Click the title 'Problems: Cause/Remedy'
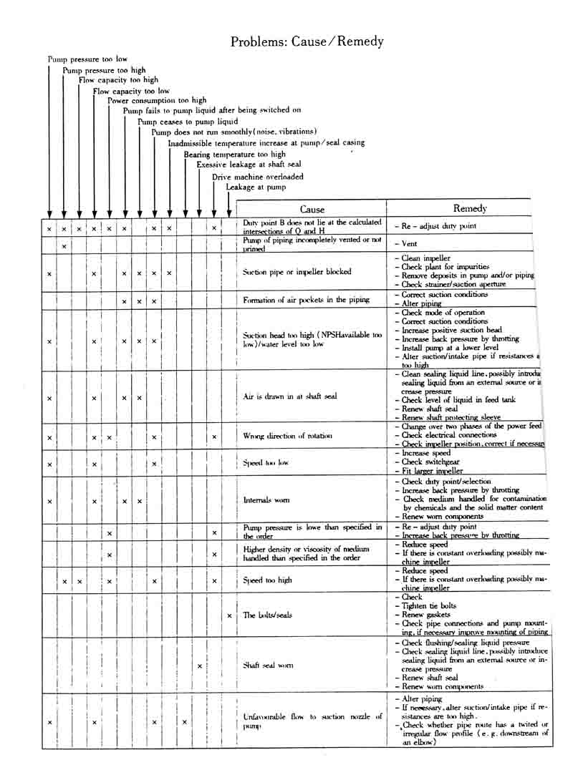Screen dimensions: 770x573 [x=307, y=42]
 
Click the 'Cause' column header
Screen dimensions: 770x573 [x=312, y=209]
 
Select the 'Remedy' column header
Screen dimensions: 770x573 [x=470, y=208]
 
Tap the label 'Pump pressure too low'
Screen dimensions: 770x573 [x=87, y=59]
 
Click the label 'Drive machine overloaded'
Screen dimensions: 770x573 [x=257, y=176]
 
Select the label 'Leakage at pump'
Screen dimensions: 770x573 [x=256, y=187]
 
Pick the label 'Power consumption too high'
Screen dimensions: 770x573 [x=157, y=101]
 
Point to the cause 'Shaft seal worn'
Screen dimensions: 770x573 [x=269, y=666]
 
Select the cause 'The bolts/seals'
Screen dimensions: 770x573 [x=268, y=615]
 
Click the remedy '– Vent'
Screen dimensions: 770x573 [x=405, y=244]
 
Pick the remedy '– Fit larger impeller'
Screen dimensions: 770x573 [x=428, y=471]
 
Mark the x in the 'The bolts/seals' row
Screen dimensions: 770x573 [x=229, y=615]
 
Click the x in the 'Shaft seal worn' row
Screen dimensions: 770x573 [x=199, y=666]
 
